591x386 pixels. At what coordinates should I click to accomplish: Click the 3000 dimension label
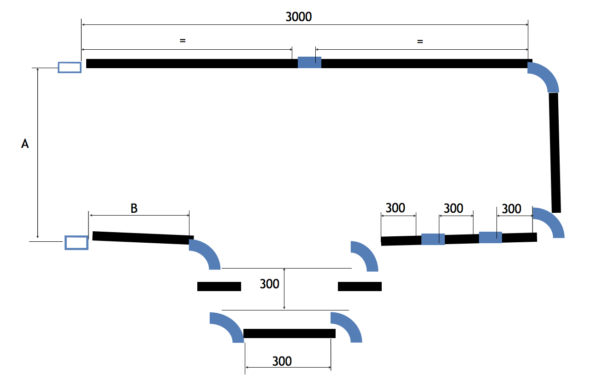pyautogui.click(x=299, y=17)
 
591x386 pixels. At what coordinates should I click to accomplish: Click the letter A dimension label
pyautogui.click(x=25, y=144)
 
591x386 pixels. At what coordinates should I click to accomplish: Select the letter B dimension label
pyautogui.click(x=134, y=208)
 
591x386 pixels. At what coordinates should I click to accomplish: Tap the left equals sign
pyautogui.click(x=183, y=41)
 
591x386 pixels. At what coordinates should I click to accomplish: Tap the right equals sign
pyautogui.click(x=420, y=41)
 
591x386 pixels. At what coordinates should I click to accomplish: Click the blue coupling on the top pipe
pyautogui.click(x=309, y=63)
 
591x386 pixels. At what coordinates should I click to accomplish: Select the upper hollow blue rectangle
pyautogui.click(x=70, y=68)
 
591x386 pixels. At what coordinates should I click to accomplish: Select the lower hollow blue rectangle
pyautogui.click(x=77, y=243)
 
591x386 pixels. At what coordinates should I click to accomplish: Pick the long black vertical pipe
pyautogui.click(x=555, y=152)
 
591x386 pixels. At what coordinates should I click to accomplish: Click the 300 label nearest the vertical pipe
pyautogui.click(x=511, y=209)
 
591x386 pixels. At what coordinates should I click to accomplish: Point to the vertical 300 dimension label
pyautogui.click(x=269, y=284)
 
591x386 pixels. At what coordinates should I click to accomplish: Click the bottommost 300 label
pyautogui.click(x=282, y=361)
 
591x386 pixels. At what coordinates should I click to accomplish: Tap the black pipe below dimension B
pyautogui.click(x=143, y=238)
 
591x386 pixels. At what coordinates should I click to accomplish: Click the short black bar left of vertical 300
pyautogui.click(x=219, y=287)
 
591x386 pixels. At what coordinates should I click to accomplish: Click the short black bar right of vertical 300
pyautogui.click(x=360, y=287)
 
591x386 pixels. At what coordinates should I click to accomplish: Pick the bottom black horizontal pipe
pyautogui.click(x=290, y=333)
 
